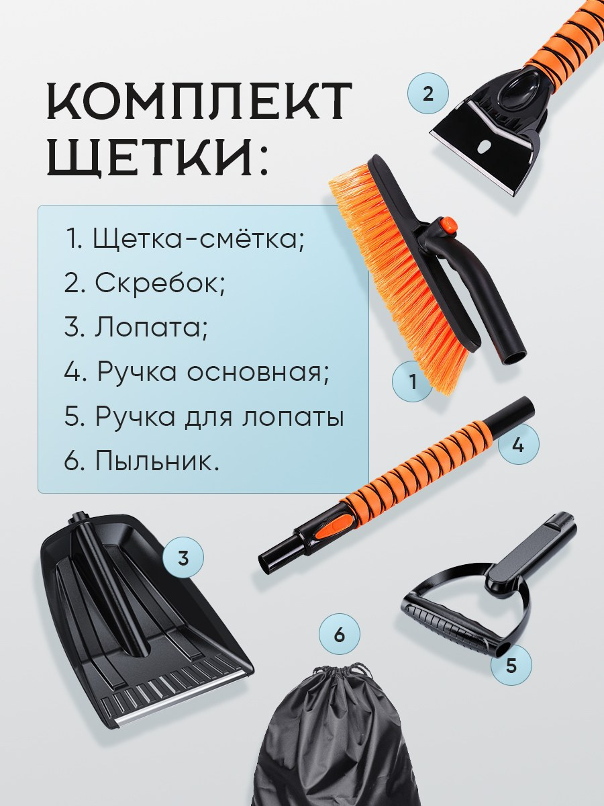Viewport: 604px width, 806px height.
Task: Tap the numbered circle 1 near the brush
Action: (x=412, y=382)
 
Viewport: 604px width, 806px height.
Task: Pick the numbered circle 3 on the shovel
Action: (x=183, y=557)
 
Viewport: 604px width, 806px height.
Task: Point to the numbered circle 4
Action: (x=517, y=445)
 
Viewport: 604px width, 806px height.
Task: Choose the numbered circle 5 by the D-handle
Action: (x=511, y=665)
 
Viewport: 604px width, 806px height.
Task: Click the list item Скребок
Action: (x=159, y=283)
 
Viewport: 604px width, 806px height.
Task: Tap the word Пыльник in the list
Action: (x=157, y=462)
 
